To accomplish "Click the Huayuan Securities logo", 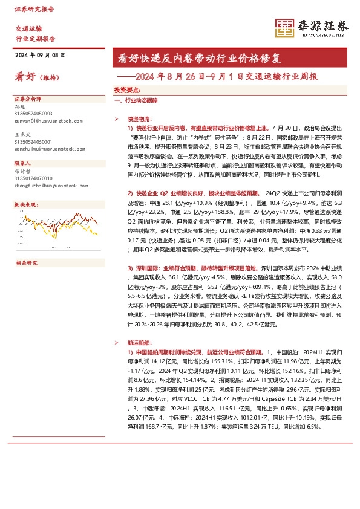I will [313, 27].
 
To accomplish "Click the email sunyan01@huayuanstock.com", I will [47, 121].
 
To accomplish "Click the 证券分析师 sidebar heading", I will [28, 98].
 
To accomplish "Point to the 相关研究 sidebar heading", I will [26, 263].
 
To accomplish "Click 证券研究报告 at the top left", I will [34, 10].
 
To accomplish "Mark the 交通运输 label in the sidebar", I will [28, 28].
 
